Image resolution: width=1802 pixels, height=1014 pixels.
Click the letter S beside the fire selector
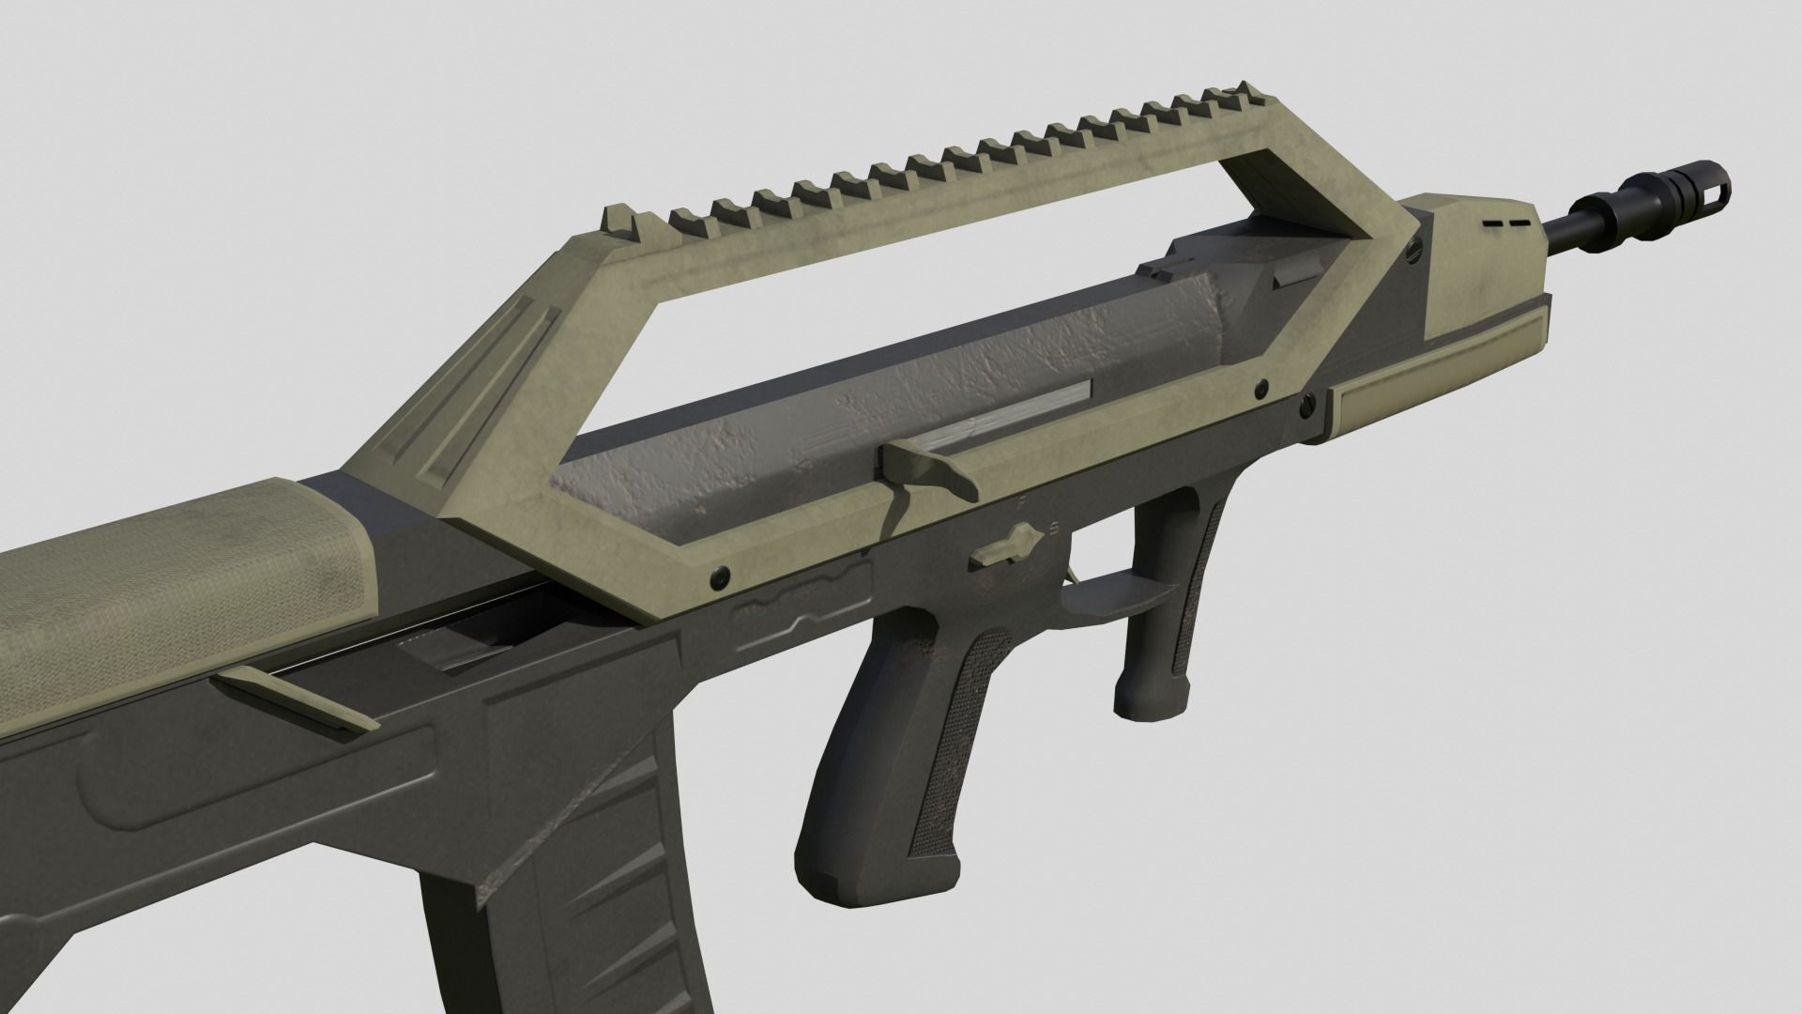coord(1054,528)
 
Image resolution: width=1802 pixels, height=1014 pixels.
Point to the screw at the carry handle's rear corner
coord(721,574)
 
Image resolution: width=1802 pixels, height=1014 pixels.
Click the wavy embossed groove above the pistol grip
coord(798,608)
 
